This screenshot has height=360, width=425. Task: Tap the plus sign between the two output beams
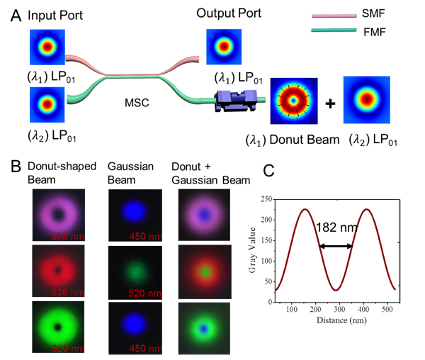tap(330, 103)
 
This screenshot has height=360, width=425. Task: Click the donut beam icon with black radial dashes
tap(293, 101)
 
